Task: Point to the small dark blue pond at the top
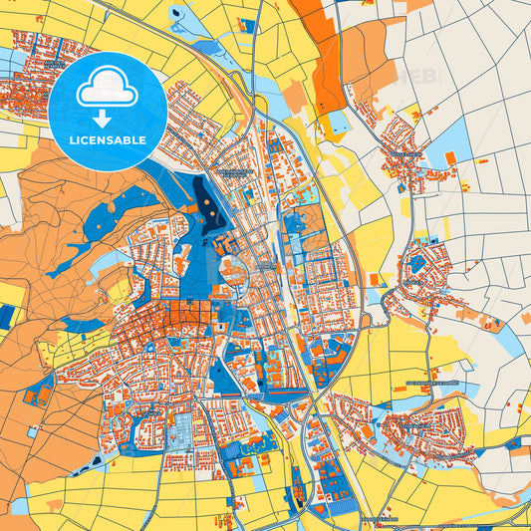tap(177, 14)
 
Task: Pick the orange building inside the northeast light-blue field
tap(450, 157)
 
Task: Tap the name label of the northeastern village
tap(406, 155)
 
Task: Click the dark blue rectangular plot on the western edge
tap(7, 318)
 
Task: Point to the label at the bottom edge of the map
tap(379, 519)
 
